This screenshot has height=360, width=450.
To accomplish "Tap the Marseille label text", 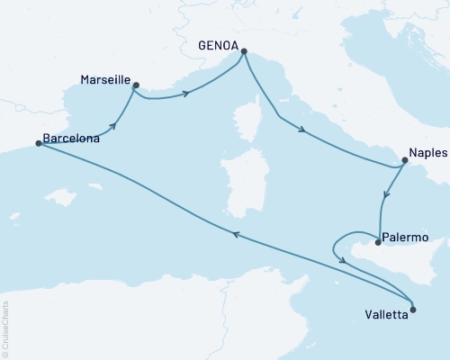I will (103, 78).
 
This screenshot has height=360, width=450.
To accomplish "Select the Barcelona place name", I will (71, 139).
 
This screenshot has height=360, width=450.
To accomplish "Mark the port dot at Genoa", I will (244, 51).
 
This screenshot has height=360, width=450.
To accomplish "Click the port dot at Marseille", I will (136, 85).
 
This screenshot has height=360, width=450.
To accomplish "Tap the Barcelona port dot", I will (38, 143).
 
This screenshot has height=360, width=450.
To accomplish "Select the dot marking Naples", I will (404, 162).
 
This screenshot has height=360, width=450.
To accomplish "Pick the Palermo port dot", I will (377, 241).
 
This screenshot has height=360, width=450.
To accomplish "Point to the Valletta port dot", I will (413, 310).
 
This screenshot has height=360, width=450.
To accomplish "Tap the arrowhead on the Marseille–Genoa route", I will (187, 93).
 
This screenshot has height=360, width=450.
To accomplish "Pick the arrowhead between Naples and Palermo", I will (387, 194).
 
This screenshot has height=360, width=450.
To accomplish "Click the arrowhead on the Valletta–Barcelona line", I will (236, 234).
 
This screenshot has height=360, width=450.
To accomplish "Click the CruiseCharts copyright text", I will (5, 328).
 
